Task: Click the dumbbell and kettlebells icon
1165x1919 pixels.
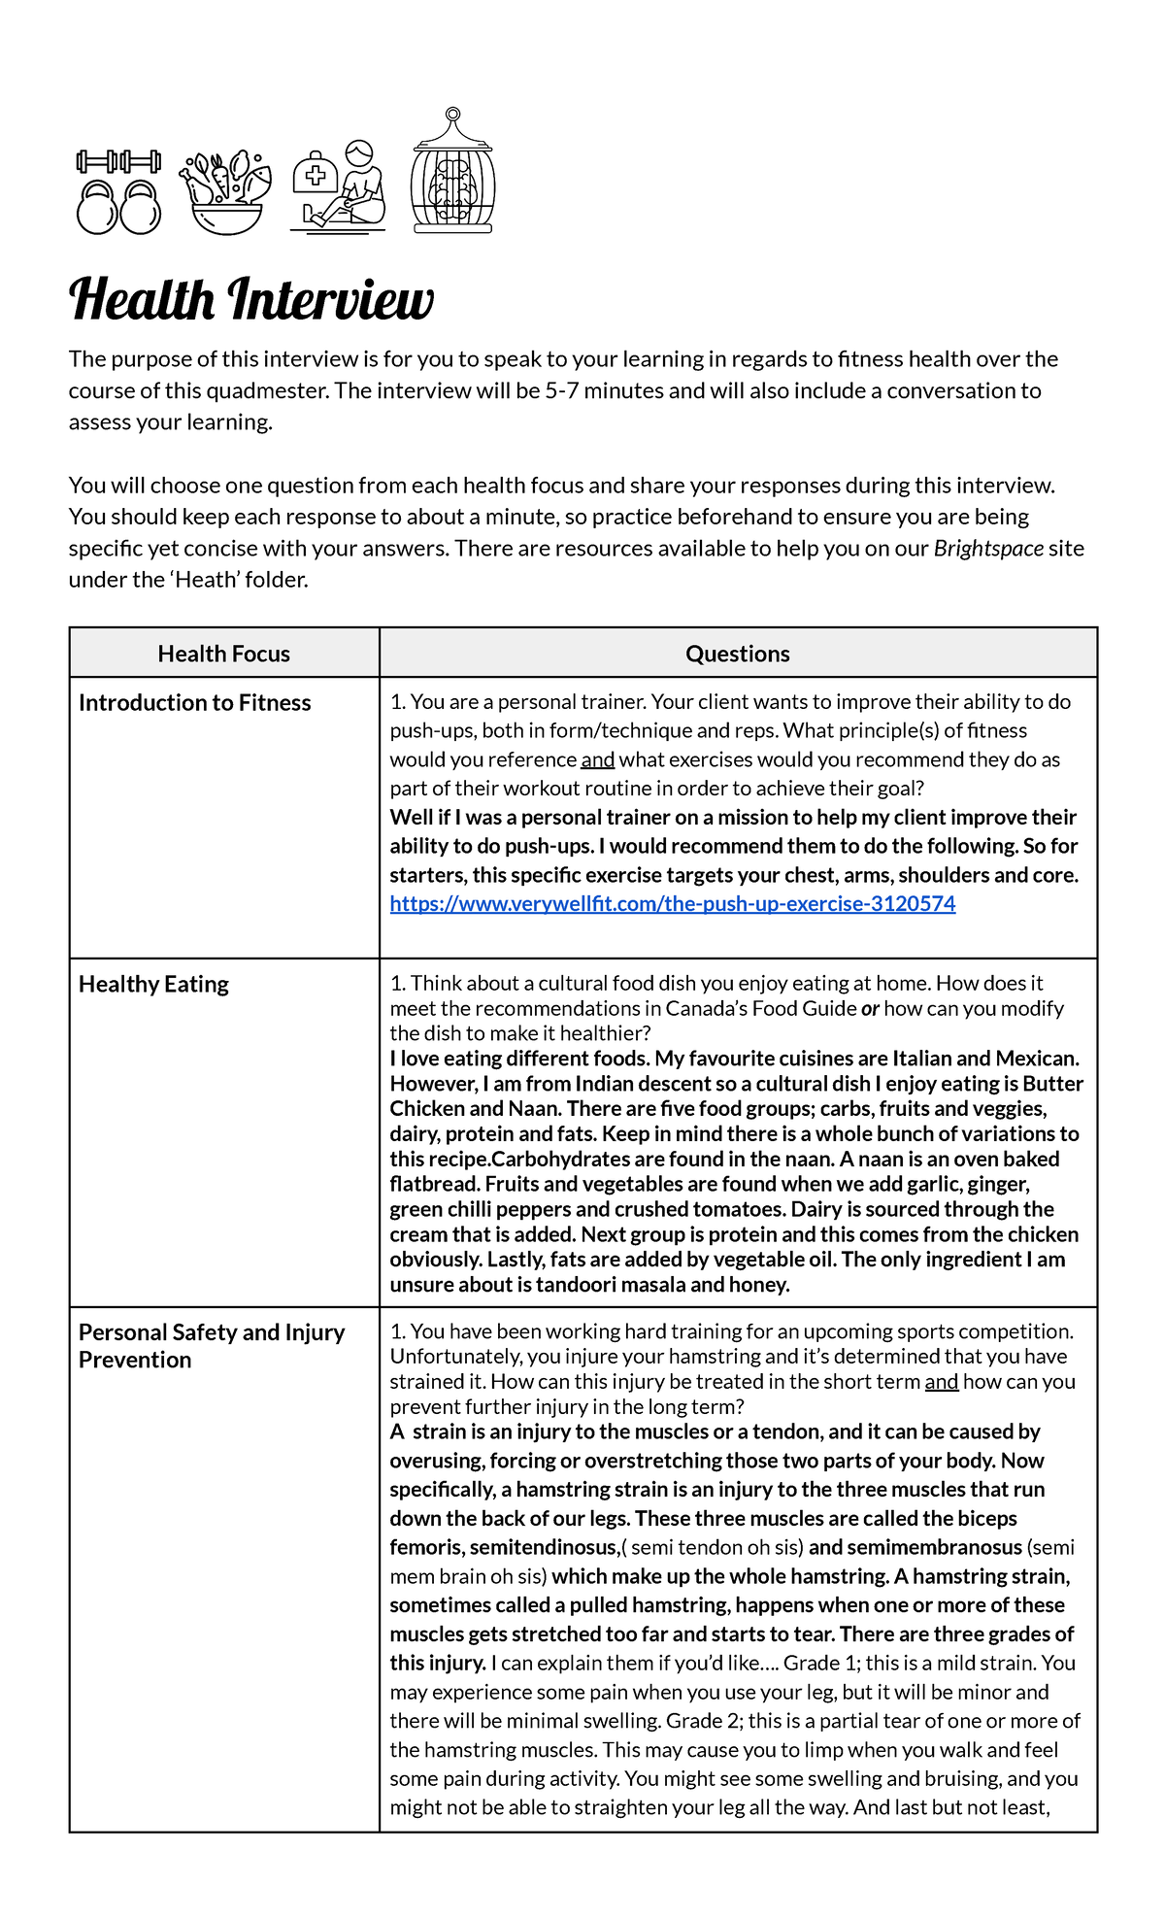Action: coord(118,192)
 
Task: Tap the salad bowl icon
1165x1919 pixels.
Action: coord(225,192)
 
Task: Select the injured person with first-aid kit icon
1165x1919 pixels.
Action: coord(339,186)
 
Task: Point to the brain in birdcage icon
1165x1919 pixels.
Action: coord(452,173)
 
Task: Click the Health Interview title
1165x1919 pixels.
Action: coord(251,300)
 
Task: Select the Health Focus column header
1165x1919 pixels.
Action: coord(224,654)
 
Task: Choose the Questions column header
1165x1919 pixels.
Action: coord(738,654)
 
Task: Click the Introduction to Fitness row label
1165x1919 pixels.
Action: coord(195,702)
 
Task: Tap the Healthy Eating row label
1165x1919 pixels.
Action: coord(153,984)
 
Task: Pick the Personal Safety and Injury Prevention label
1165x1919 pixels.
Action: coord(211,1345)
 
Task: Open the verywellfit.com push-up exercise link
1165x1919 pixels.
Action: coord(672,904)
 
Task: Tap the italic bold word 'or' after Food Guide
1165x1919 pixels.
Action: coord(870,1008)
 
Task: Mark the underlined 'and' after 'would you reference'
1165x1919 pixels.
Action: coord(597,759)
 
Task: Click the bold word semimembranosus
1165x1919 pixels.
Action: coord(935,1547)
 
